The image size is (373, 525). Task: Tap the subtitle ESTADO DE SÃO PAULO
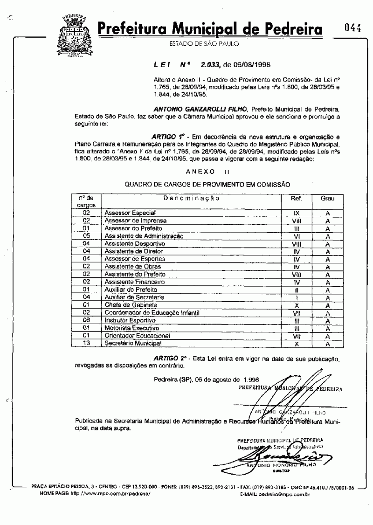pos(204,44)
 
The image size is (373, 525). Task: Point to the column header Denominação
pos(192,198)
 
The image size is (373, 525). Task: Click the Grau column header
pos(328,198)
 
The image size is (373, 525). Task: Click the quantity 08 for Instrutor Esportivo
pos(86,321)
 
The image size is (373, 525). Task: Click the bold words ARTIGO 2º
pos(169,358)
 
